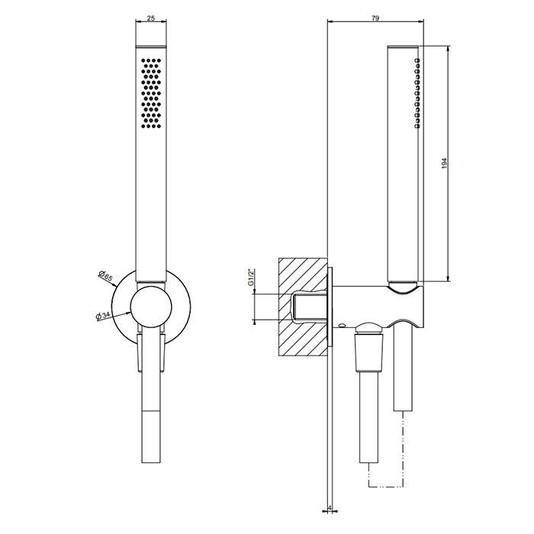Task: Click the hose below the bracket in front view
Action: tap(150, 412)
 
